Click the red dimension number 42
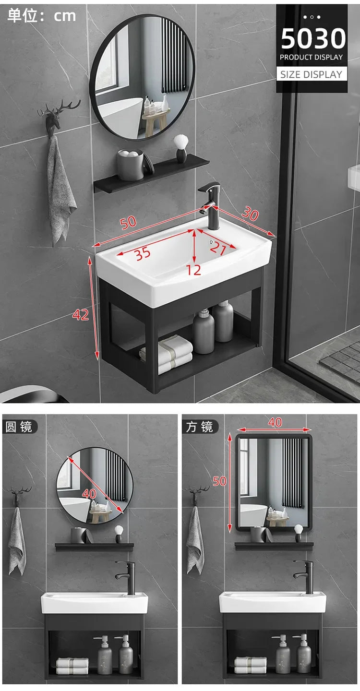81,314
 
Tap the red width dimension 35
143,253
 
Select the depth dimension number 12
194,270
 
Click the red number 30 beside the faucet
250,214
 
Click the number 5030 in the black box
313,39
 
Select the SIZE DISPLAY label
312,74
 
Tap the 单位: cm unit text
42,16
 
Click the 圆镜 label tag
18,426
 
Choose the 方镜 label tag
200,426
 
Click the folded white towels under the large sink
167,354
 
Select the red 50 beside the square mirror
220,481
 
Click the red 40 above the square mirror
275,422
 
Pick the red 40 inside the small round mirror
89,493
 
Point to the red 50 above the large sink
129,223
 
